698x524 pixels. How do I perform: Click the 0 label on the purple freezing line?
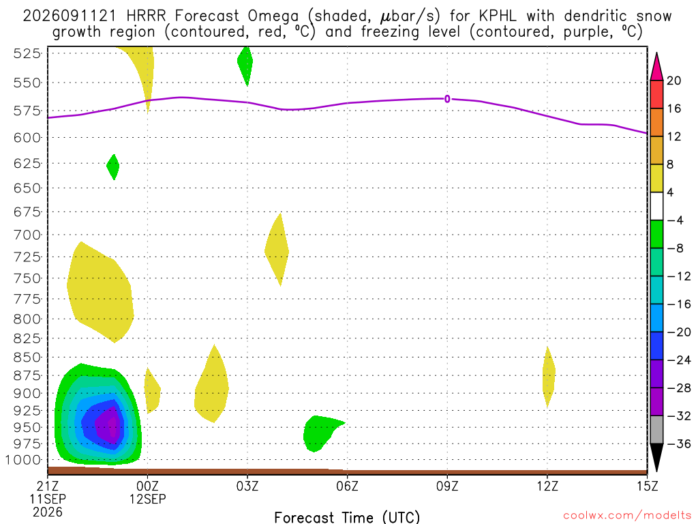pyautogui.click(x=447, y=99)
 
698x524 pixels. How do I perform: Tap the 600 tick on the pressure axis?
pyautogui.click(x=27, y=138)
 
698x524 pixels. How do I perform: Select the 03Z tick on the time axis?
pyautogui.click(x=247, y=486)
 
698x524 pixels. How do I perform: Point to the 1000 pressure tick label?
pyautogui.click(x=24, y=460)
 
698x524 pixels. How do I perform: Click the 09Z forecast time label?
pyautogui.click(x=447, y=486)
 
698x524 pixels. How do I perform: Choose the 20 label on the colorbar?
pyautogui.click(x=673, y=81)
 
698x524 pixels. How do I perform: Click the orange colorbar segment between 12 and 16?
pyautogui.click(x=656, y=122)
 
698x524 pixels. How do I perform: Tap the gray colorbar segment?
pyautogui.click(x=656, y=430)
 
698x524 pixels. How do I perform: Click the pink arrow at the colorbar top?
pyautogui.click(x=656, y=68)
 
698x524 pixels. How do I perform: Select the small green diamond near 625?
pyautogui.click(x=113, y=167)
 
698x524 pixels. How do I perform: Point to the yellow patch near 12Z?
pyautogui.click(x=549, y=377)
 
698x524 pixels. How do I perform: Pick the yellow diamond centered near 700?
pyautogui.click(x=277, y=250)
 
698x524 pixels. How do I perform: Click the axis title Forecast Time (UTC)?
pyautogui.click(x=347, y=517)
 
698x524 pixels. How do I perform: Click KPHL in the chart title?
pyautogui.click(x=497, y=16)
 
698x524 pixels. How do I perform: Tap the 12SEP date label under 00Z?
pyautogui.click(x=148, y=499)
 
